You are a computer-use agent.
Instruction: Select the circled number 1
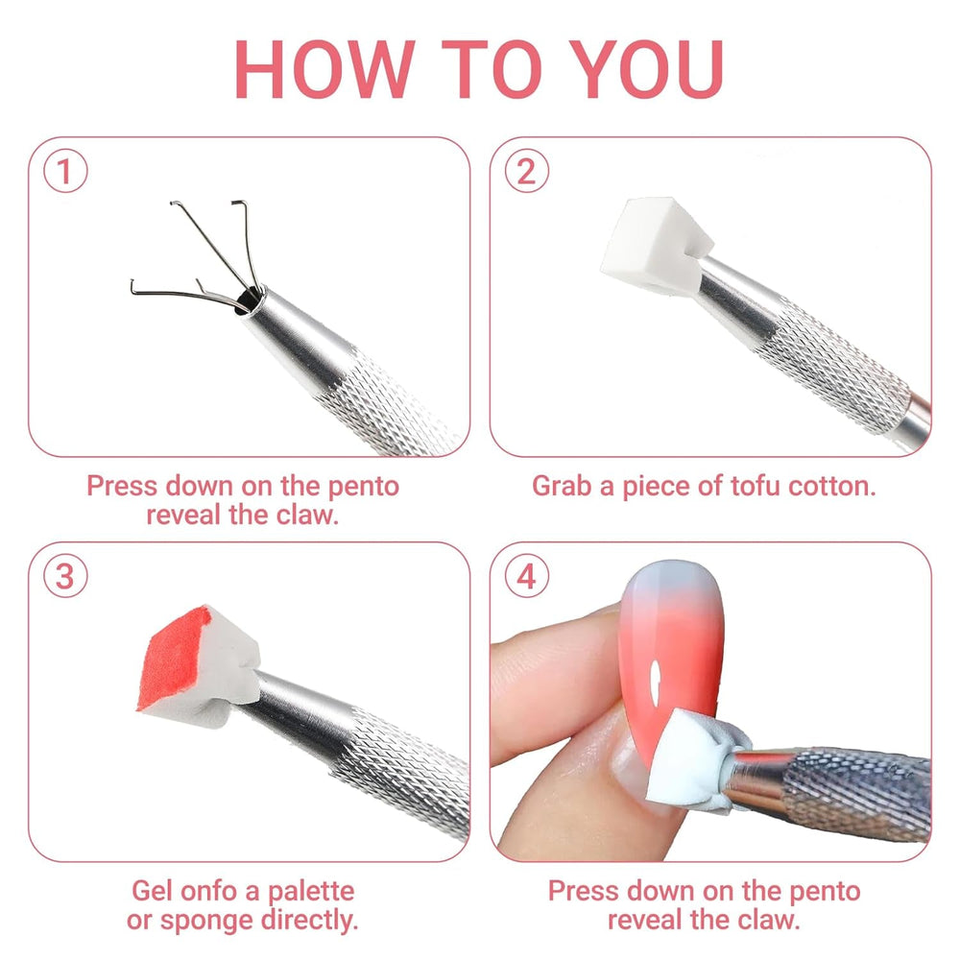(66, 173)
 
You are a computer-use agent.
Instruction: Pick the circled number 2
(526, 173)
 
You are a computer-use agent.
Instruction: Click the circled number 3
(66, 578)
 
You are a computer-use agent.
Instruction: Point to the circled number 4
(526, 578)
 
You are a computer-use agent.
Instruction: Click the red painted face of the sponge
(176, 657)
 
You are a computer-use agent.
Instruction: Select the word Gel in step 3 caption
(155, 891)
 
